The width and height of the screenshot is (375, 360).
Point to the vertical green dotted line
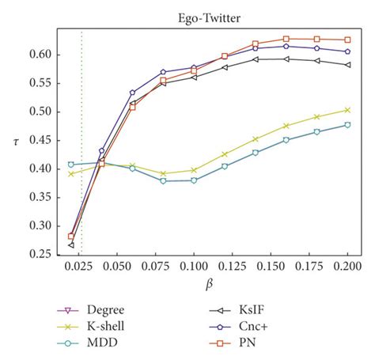pos(81,158)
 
